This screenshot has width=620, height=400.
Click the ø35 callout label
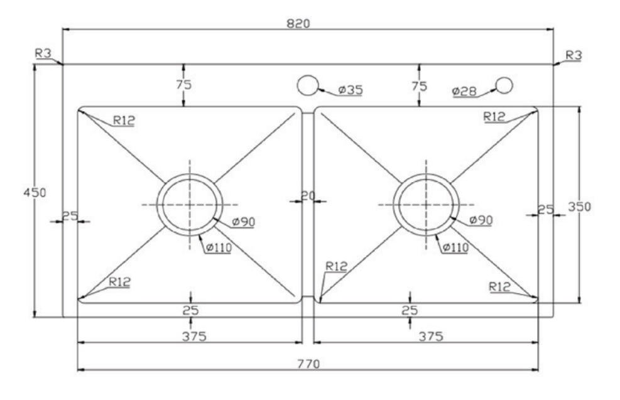(x=350, y=90)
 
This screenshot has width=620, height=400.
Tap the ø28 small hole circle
(x=504, y=85)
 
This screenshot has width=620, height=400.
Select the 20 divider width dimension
(x=308, y=196)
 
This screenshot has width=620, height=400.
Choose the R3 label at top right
(x=574, y=55)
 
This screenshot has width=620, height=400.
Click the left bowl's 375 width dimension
(x=190, y=336)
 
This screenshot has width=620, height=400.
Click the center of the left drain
(x=190, y=204)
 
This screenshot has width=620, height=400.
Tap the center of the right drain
(x=425, y=204)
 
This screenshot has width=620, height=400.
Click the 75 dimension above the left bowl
(x=183, y=85)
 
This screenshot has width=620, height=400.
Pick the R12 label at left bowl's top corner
(x=124, y=120)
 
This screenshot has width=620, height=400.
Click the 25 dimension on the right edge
(x=546, y=210)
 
